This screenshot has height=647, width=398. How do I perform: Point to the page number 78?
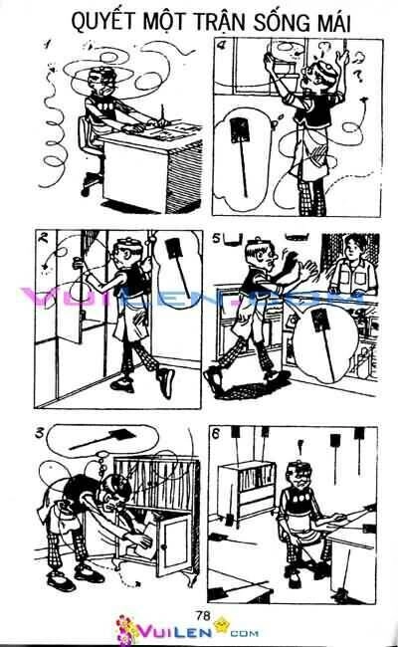click(x=203, y=610)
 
